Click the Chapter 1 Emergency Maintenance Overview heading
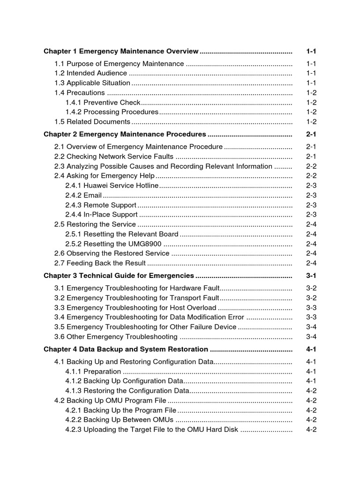click(x=121, y=51)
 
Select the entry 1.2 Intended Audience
click(x=90, y=73)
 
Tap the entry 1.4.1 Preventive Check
click(x=103, y=102)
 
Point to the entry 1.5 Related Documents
click(x=92, y=121)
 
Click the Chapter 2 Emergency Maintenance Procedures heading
click(x=125, y=134)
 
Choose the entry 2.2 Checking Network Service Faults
click(x=114, y=157)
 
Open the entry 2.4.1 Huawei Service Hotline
click(x=112, y=186)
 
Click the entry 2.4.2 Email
click(x=83, y=195)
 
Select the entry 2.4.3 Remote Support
click(x=101, y=205)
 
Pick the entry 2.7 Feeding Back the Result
click(x=100, y=263)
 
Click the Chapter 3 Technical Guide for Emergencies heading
click(x=119, y=276)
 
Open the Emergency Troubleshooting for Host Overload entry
click(x=135, y=307)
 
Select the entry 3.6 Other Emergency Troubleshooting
click(x=116, y=337)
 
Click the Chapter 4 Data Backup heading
click(x=126, y=349)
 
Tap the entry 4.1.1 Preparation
click(x=90, y=371)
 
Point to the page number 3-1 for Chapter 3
click(x=311, y=276)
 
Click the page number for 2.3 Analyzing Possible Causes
click(x=311, y=166)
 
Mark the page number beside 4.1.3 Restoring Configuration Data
click(x=311, y=390)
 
